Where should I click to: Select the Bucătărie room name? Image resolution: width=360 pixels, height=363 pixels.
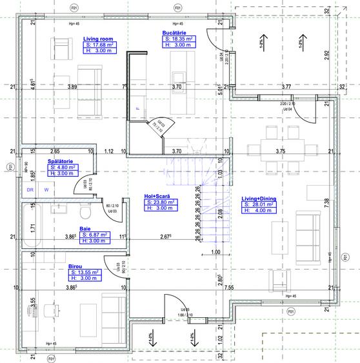click(174, 32)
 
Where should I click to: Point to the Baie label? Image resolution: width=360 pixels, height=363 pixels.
click(85, 228)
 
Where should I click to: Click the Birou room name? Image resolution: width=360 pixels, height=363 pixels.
click(75, 266)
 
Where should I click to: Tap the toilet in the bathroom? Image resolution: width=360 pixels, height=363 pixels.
click(83, 212)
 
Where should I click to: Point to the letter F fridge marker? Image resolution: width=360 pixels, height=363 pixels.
click(137, 109)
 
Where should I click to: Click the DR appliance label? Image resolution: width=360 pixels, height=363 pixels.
click(30, 190)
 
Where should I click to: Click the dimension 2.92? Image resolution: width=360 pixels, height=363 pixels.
click(327, 57)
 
